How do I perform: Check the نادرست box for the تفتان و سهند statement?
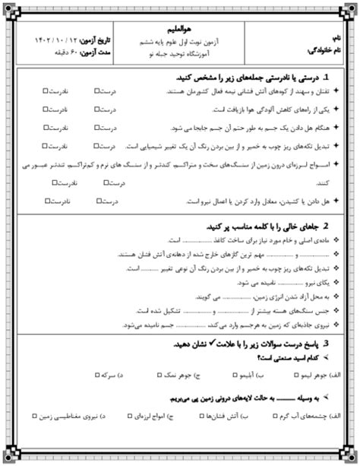click(47, 93)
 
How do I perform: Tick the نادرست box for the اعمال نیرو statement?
click(48, 201)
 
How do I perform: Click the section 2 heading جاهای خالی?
click(266, 227)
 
